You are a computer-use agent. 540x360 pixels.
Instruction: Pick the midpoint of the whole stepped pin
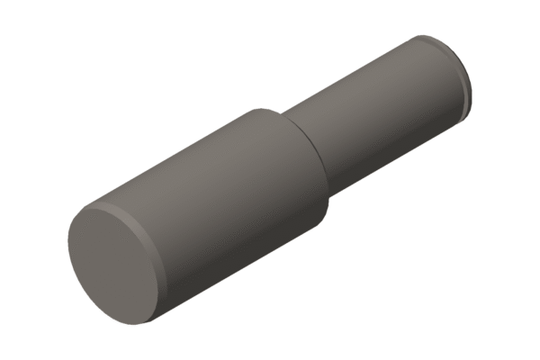(270, 175)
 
